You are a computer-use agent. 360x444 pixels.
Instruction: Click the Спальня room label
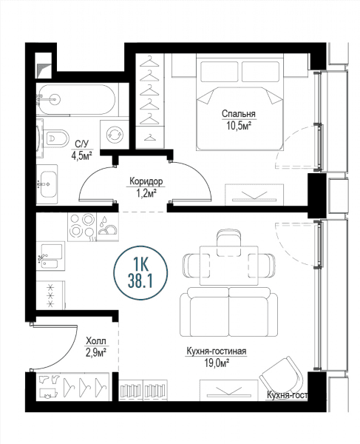[238, 114]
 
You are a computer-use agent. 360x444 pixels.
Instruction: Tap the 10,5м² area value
[238, 125]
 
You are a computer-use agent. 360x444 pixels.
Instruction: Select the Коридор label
[146, 181]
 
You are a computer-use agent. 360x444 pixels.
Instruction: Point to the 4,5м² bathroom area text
[82, 155]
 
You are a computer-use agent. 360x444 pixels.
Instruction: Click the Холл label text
[96, 340]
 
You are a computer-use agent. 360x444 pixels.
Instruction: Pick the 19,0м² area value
[217, 363]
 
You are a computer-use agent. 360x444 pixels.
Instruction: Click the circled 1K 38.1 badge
[140, 273]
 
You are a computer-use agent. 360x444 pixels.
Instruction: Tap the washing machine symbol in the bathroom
[115, 134]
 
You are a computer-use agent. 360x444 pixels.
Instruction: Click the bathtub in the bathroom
[77, 99]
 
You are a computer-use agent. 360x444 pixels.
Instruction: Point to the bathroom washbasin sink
[47, 184]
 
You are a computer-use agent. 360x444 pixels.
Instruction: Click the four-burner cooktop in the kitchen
[82, 227]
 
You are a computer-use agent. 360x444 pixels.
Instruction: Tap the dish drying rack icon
[107, 227]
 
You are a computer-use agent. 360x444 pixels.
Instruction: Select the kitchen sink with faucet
[50, 256]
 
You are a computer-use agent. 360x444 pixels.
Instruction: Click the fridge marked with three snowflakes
[51, 295]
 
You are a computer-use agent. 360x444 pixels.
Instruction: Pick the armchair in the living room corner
[282, 377]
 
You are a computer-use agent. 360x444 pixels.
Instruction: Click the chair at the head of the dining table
[229, 243]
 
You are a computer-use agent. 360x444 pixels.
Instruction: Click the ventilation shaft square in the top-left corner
[44, 66]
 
